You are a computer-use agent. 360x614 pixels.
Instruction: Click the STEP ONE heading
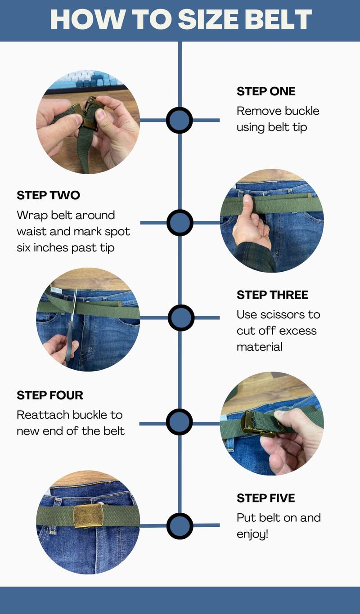pyautogui.click(x=266, y=91)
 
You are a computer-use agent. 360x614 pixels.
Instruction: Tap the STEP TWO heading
pyautogui.click(x=48, y=195)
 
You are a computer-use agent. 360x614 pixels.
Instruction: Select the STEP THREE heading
pyautogui.click(x=272, y=295)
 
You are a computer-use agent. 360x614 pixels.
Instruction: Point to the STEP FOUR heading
pyautogui.click(x=50, y=395)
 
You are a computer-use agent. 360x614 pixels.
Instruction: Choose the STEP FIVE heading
pyautogui.click(x=265, y=498)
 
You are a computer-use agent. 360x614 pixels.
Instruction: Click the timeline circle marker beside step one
pyautogui.click(x=179, y=121)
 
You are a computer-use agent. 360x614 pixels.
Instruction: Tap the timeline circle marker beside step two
pyautogui.click(x=180, y=223)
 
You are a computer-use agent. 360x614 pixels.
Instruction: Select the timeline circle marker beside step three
pyautogui.click(x=181, y=318)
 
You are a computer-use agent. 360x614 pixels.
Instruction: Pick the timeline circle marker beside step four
pyautogui.click(x=179, y=421)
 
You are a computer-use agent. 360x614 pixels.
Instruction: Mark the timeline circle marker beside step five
pyautogui.click(x=180, y=526)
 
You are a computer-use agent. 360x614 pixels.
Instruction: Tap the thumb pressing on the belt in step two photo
pyautogui.click(x=248, y=204)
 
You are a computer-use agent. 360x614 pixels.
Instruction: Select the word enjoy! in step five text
pyautogui.click(x=252, y=534)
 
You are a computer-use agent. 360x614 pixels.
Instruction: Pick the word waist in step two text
pyautogui.click(x=31, y=232)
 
